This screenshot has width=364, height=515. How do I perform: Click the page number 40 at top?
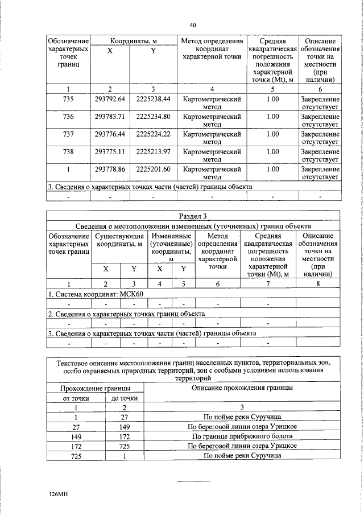tap(193, 25)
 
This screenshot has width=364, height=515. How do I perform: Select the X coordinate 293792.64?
tap(110, 99)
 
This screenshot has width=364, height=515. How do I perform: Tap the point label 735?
tap(68, 99)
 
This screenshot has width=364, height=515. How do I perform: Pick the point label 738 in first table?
tap(68, 152)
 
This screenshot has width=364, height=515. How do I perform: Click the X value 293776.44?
tap(110, 134)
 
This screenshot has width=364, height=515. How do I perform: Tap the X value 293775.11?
tap(110, 152)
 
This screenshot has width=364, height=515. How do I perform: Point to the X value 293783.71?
tap(110, 117)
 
